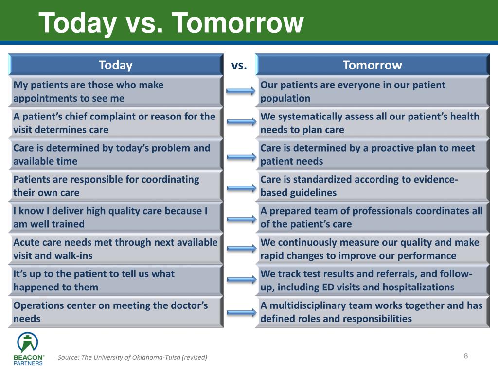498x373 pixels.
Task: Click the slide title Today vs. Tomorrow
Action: point(171,23)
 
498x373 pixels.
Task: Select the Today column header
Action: point(116,65)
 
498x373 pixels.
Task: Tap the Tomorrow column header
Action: point(372,65)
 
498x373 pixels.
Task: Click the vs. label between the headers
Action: point(239,65)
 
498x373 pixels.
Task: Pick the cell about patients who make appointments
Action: point(116,91)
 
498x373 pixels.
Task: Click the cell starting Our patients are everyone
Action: point(372,91)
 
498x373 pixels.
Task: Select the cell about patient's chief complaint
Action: point(116,123)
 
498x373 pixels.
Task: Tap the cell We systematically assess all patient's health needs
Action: point(372,123)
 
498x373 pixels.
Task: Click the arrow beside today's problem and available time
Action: point(241,156)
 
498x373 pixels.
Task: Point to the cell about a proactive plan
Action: point(372,154)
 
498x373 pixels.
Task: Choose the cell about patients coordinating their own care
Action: point(116,186)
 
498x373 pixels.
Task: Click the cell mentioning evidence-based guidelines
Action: point(372,186)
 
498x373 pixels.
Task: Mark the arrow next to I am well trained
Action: point(241,219)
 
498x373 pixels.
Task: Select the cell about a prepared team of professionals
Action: point(372,218)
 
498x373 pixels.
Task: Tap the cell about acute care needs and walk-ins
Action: point(116,249)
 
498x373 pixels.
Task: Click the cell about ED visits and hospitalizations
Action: point(372,281)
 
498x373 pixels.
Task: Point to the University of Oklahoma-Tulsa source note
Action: point(132,358)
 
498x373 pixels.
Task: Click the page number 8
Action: point(465,356)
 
